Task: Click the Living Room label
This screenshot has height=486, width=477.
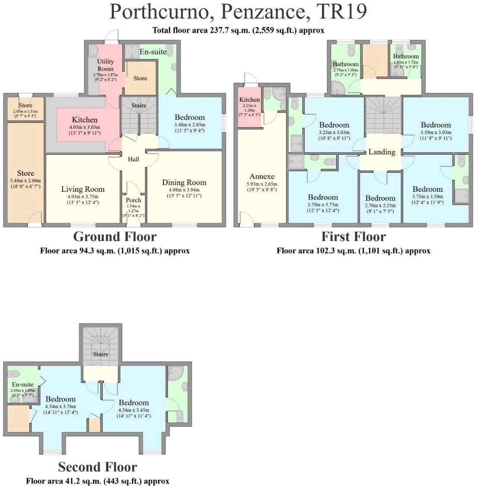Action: pyautogui.click(x=82, y=189)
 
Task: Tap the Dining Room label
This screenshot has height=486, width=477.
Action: pyautogui.click(x=184, y=182)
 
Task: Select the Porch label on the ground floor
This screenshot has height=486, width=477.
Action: pyautogui.click(x=133, y=200)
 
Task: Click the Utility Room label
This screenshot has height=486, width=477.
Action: pyautogui.click(x=105, y=65)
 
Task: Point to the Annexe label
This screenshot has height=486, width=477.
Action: pyautogui.click(x=262, y=176)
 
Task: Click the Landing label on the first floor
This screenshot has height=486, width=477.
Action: pyautogui.click(x=382, y=152)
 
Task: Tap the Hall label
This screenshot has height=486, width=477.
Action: pyautogui.click(x=133, y=159)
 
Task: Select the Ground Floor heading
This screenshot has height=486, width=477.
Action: pyautogui.click(x=114, y=237)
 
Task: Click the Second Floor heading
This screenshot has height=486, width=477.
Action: pyautogui.click(x=98, y=467)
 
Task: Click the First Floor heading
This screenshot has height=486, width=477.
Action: pyautogui.click(x=354, y=237)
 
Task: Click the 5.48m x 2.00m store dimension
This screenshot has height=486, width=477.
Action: pyautogui.click(x=25, y=181)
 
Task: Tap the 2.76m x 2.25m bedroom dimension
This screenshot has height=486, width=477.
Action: pyautogui.click(x=380, y=205)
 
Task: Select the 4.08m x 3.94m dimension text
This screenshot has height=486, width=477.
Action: pyautogui.click(x=184, y=190)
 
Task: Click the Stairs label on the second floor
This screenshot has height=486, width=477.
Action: pyautogui.click(x=100, y=354)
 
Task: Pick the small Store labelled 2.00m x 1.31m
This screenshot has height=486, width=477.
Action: pyautogui.click(x=25, y=105)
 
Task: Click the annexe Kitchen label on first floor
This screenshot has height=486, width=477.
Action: pyautogui.click(x=250, y=100)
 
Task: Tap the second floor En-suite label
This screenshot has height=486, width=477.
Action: pyautogui.click(x=23, y=384)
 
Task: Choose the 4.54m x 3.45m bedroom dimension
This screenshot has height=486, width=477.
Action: pyautogui.click(x=134, y=410)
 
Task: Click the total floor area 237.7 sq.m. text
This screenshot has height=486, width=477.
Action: pyautogui.click(x=238, y=30)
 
